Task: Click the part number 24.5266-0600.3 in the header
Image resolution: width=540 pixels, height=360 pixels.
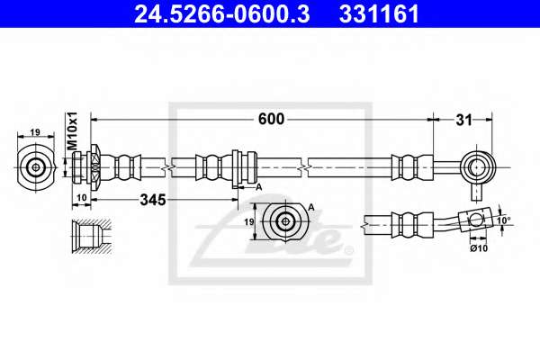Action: (x=221, y=13)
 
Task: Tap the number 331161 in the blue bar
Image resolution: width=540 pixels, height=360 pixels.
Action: (x=379, y=13)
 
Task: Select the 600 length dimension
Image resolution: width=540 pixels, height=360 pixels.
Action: (x=272, y=119)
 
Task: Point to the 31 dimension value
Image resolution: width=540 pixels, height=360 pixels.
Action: (x=463, y=121)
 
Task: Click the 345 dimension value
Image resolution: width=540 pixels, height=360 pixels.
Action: (x=153, y=200)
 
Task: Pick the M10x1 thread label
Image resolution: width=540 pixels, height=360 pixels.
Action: (x=73, y=130)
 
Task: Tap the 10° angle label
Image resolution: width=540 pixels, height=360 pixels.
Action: (x=504, y=220)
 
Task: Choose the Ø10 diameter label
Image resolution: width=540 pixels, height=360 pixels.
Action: (x=479, y=247)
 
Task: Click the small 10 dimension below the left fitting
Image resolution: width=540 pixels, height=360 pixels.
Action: (x=82, y=198)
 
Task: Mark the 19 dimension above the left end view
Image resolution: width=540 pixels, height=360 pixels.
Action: (x=35, y=132)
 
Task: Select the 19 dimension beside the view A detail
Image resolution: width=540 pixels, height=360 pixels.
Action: (x=249, y=222)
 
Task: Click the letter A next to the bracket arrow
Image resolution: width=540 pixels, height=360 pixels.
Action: (x=259, y=187)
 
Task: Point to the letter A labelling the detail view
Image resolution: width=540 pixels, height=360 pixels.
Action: (x=311, y=207)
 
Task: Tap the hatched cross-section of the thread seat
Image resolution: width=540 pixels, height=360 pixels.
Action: (x=91, y=237)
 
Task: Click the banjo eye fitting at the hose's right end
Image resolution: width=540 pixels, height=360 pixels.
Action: (x=477, y=167)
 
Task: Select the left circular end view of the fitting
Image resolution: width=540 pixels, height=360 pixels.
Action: (x=36, y=167)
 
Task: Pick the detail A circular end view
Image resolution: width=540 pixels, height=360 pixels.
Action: (x=285, y=221)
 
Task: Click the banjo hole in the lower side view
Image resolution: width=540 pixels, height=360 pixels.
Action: (x=476, y=220)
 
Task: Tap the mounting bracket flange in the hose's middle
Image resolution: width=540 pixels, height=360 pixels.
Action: (x=236, y=169)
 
